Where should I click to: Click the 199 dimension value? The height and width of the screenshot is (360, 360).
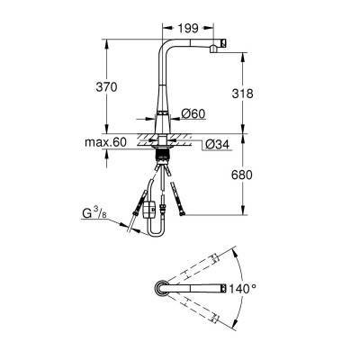click(x=188, y=28)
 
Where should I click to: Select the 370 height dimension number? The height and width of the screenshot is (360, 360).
click(x=106, y=87)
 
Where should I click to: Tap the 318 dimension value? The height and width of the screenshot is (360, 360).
click(x=242, y=94)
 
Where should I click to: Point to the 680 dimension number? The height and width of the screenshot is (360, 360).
click(x=242, y=175)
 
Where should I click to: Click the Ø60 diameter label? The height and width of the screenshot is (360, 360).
click(x=193, y=113)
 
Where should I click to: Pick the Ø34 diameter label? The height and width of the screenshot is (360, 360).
click(x=218, y=145)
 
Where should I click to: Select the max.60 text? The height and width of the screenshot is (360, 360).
click(x=105, y=142)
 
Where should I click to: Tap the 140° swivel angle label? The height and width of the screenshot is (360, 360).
click(x=243, y=289)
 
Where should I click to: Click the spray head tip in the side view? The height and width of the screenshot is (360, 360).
click(x=223, y=42)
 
